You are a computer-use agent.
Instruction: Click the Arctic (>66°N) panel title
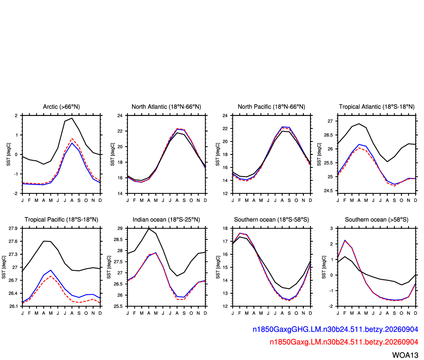61,107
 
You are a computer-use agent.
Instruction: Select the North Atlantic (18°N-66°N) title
166,107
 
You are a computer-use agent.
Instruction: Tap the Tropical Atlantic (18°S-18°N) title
377,107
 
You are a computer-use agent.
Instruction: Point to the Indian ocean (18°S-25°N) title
166,220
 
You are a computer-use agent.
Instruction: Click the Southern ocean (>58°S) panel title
377,220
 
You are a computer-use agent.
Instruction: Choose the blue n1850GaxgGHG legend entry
335,329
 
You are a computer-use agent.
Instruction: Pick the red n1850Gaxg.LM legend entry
344,342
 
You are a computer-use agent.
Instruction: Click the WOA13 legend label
405,355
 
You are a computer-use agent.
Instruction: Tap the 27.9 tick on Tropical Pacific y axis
13,229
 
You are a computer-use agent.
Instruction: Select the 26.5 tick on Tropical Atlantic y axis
328,135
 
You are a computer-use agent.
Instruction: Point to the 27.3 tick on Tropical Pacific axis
13,254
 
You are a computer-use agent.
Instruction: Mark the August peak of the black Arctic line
72,118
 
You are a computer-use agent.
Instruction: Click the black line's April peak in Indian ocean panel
149,229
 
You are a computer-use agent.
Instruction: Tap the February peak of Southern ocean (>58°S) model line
345,240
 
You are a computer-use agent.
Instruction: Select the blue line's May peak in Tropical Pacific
51,270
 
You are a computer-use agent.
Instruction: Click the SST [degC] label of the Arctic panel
9,154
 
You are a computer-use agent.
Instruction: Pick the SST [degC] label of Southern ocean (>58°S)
324,267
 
